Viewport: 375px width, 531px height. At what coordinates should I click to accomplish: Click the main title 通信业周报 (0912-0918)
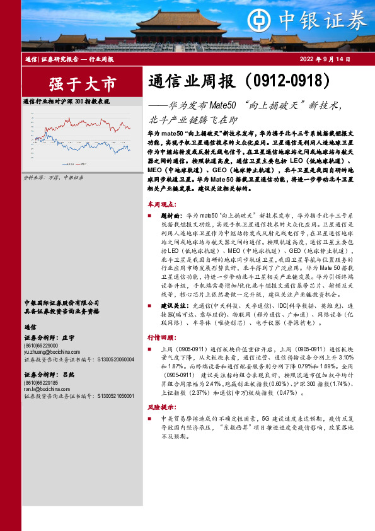coord(239,82)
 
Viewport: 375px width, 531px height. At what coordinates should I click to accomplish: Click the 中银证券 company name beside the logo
coord(325,19)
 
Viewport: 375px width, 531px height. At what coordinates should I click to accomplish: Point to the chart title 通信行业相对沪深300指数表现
coord(67,101)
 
